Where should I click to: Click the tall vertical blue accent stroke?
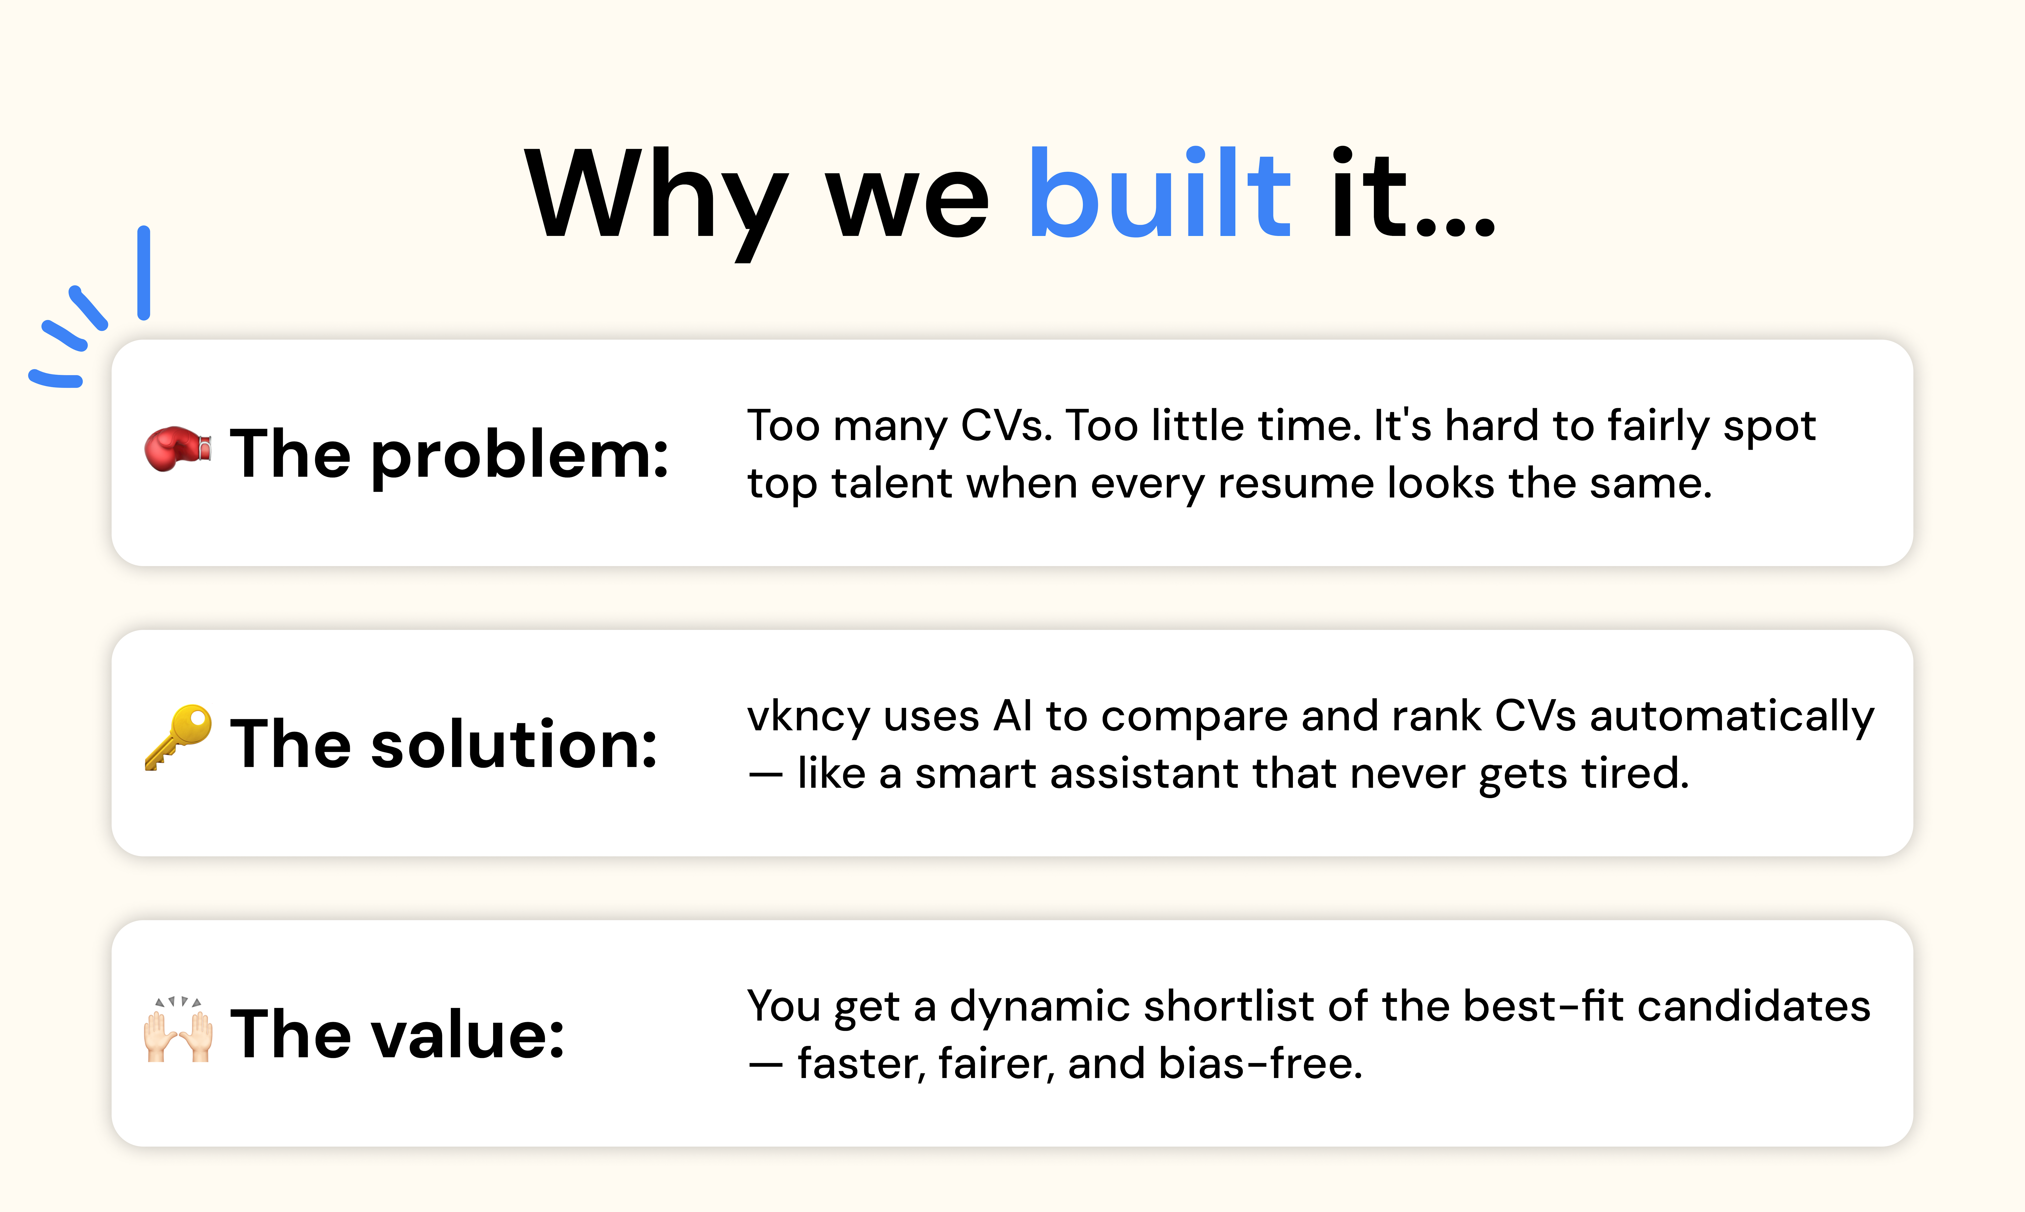144,273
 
